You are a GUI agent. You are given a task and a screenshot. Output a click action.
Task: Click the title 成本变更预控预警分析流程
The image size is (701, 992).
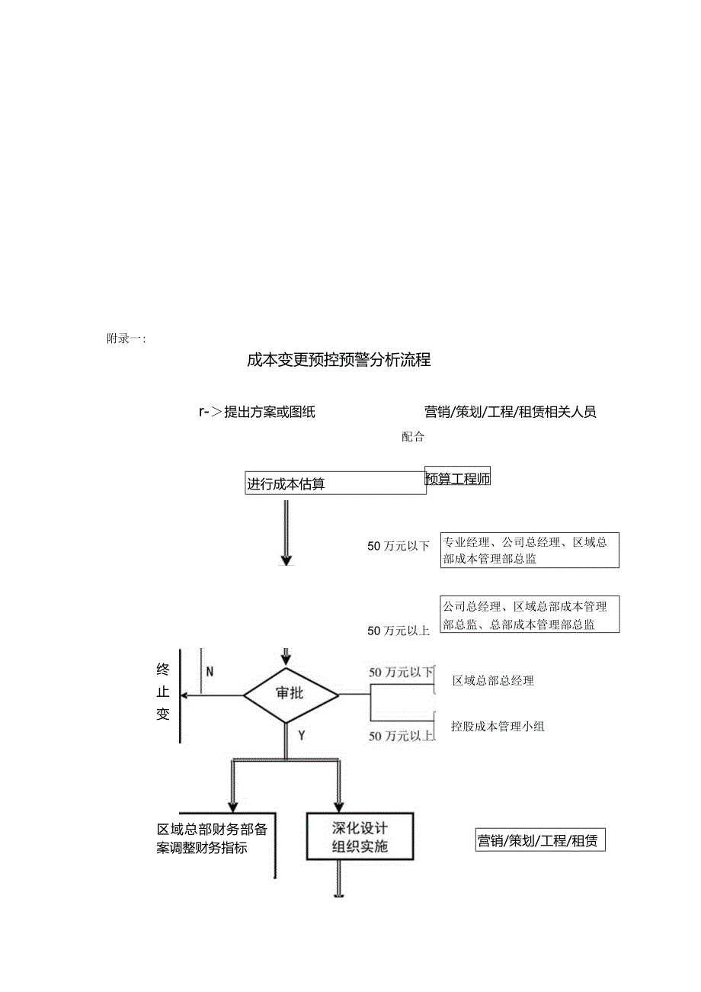tap(338, 360)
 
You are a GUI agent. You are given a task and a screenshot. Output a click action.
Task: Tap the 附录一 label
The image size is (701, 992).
tap(126, 339)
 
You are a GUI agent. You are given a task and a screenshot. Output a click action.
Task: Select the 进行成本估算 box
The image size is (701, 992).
tap(335, 483)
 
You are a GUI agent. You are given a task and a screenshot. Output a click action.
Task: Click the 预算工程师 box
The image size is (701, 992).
tap(457, 479)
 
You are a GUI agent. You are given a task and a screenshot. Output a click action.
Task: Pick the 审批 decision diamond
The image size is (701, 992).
tap(290, 694)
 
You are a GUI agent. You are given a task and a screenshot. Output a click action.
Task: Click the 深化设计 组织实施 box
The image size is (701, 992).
tap(360, 836)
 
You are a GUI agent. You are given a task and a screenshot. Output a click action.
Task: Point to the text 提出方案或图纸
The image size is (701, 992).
tap(269, 413)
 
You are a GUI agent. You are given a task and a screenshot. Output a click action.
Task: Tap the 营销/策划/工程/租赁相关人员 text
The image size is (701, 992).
tap(510, 413)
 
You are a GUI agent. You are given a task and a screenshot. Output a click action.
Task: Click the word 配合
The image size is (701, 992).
tap(413, 437)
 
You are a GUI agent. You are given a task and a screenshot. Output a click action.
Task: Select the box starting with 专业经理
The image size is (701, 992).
tap(529, 550)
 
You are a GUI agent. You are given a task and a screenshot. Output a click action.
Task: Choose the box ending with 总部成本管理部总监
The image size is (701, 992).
tap(529, 615)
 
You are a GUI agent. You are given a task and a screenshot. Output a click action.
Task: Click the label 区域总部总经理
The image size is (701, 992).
tap(493, 681)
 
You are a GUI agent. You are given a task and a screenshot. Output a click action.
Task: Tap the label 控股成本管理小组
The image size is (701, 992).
tap(498, 727)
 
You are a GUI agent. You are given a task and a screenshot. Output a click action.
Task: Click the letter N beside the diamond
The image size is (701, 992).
tap(210, 672)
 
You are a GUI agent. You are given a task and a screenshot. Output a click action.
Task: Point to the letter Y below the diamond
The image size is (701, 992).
tap(302, 735)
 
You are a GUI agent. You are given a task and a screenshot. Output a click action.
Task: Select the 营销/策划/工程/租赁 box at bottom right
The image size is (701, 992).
tap(539, 841)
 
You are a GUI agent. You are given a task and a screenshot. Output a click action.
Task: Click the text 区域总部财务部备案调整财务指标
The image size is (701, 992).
tap(212, 838)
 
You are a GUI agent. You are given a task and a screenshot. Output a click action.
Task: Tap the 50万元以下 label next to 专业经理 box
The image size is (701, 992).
tap(399, 546)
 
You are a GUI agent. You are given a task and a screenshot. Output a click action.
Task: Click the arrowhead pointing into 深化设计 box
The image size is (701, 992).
tap(339, 807)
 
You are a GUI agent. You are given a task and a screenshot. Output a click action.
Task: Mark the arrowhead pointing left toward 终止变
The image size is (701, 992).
tap(184, 695)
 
